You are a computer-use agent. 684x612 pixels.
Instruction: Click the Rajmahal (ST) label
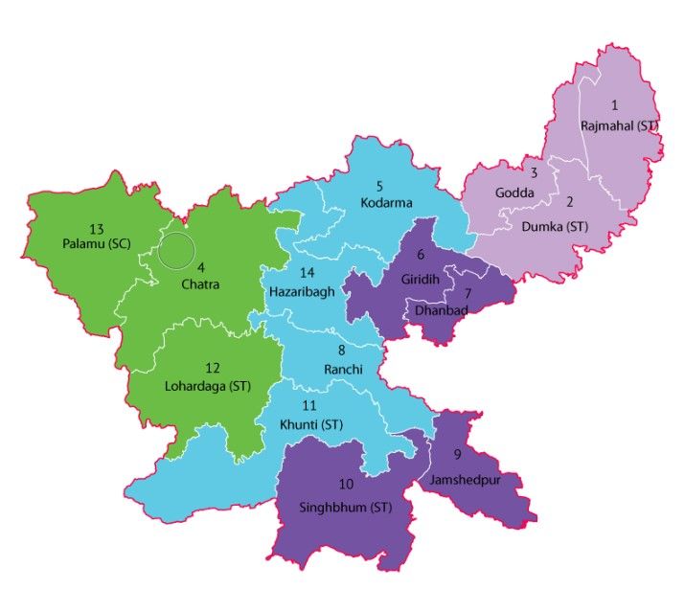coord(620,125)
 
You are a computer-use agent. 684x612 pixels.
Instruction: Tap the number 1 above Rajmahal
coord(615,104)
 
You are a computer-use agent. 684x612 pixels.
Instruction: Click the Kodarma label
coord(386,202)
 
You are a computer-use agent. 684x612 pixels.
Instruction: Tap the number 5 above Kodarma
coord(379,184)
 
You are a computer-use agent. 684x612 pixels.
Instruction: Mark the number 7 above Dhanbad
coord(467,293)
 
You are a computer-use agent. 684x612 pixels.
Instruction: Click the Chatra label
coord(201,284)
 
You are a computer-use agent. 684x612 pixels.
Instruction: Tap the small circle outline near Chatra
coord(176,250)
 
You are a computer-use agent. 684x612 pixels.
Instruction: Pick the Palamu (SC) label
coord(95,245)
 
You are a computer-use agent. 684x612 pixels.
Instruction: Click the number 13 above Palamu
coord(96,229)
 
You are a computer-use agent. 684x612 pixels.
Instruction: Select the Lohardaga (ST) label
coord(214,385)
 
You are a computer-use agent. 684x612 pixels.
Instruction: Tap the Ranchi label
coord(342,370)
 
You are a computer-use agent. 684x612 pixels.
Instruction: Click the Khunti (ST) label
coord(309,424)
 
